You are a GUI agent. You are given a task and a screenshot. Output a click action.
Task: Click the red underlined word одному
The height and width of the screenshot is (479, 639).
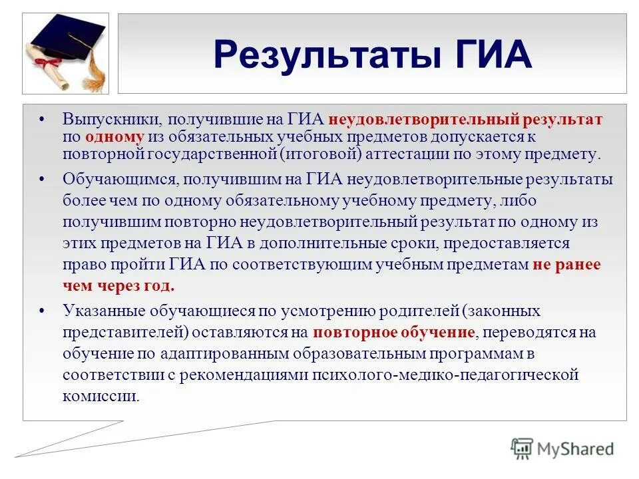pyautogui.click(x=114, y=137)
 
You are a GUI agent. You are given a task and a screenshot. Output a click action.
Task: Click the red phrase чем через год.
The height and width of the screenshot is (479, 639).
pyautogui.click(x=119, y=285)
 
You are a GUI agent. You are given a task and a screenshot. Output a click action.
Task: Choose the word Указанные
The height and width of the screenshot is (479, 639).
pyautogui.click(x=103, y=310)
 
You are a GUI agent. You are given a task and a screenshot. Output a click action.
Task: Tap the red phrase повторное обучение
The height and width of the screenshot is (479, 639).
pyautogui.click(x=395, y=332)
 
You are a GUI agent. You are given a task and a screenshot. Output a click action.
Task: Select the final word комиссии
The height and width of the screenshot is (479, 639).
pyautogui.click(x=101, y=396)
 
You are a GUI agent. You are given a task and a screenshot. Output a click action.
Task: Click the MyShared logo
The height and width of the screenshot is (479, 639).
pyautogui.click(x=562, y=448)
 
